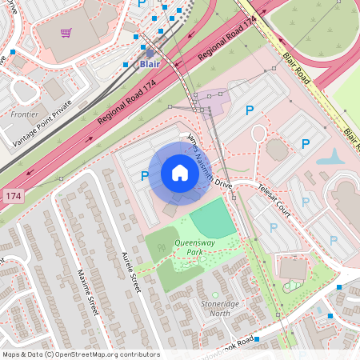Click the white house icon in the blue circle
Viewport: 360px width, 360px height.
pos(180,173)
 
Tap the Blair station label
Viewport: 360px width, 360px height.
pos(150,63)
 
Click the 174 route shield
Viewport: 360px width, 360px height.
pos(12,195)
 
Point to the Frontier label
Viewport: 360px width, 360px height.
pos(24,114)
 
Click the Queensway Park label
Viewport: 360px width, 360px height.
pos(190,247)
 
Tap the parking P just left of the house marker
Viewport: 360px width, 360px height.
pos(145,176)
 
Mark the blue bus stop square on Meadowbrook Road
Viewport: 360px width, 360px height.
pos(330,318)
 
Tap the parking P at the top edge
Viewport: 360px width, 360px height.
pos(142,4)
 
